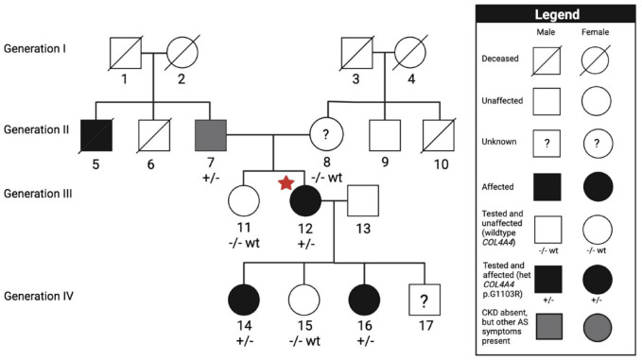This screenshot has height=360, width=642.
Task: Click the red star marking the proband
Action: [286, 183]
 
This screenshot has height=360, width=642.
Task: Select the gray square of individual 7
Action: [211, 135]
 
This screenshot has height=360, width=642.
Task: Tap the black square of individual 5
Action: [96, 135]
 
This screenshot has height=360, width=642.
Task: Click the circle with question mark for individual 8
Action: [326, 134]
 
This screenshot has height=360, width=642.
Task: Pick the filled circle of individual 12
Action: [305, 201]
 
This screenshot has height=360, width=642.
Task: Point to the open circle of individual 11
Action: [244, 201]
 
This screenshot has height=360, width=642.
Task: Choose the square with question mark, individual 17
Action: [425, 300]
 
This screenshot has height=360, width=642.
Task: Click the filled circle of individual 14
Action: [244, 300]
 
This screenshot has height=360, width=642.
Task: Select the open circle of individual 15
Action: [304, 300]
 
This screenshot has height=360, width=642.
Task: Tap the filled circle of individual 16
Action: [364, 300]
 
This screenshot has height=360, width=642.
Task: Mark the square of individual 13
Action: [363, 200]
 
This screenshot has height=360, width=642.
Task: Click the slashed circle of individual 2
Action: [182, 52]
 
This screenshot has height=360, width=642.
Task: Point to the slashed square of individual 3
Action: [357, 53]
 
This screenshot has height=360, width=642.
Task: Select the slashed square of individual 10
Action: [439, 135]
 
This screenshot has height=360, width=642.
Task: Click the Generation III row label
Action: [38, 194]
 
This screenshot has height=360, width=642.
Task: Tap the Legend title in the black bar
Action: [557, 15]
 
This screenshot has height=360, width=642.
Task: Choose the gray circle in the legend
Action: [598, 328]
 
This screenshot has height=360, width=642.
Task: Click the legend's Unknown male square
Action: [547, 144]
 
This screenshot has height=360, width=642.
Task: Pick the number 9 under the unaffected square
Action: [385, 162]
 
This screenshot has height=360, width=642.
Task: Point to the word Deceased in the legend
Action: [500, 59]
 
